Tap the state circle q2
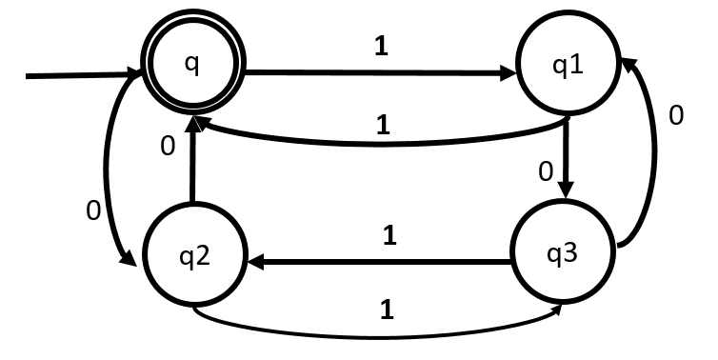(194, 258)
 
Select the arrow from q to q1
(381, 71)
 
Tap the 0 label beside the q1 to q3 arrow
(545, 171)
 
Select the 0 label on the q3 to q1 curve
(676, 116)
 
